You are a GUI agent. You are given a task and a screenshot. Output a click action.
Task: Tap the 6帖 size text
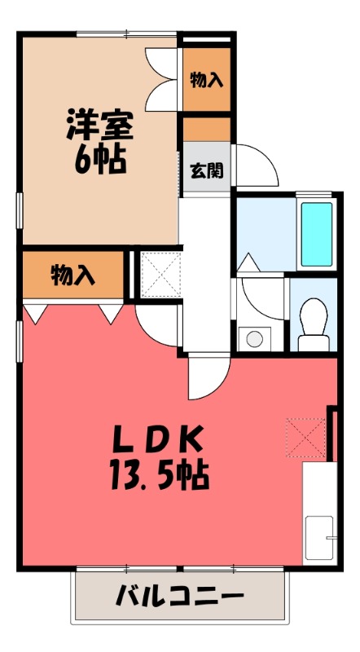[x=99, y=159]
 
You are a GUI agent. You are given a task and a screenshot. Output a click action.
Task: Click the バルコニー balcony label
[x=179, y=597]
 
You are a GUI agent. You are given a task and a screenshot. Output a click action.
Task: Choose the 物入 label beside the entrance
[x=206, y=79]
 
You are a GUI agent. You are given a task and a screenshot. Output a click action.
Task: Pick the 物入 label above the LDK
[x=73, y=275]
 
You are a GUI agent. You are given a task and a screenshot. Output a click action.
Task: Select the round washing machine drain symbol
[x=255, y=338]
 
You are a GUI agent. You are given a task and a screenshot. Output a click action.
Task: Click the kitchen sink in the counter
[x=320, y=538]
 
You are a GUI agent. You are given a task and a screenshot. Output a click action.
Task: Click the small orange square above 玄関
[x=206, y=128]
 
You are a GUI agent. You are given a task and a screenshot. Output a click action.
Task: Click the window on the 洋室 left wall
[x=20, y=209]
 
